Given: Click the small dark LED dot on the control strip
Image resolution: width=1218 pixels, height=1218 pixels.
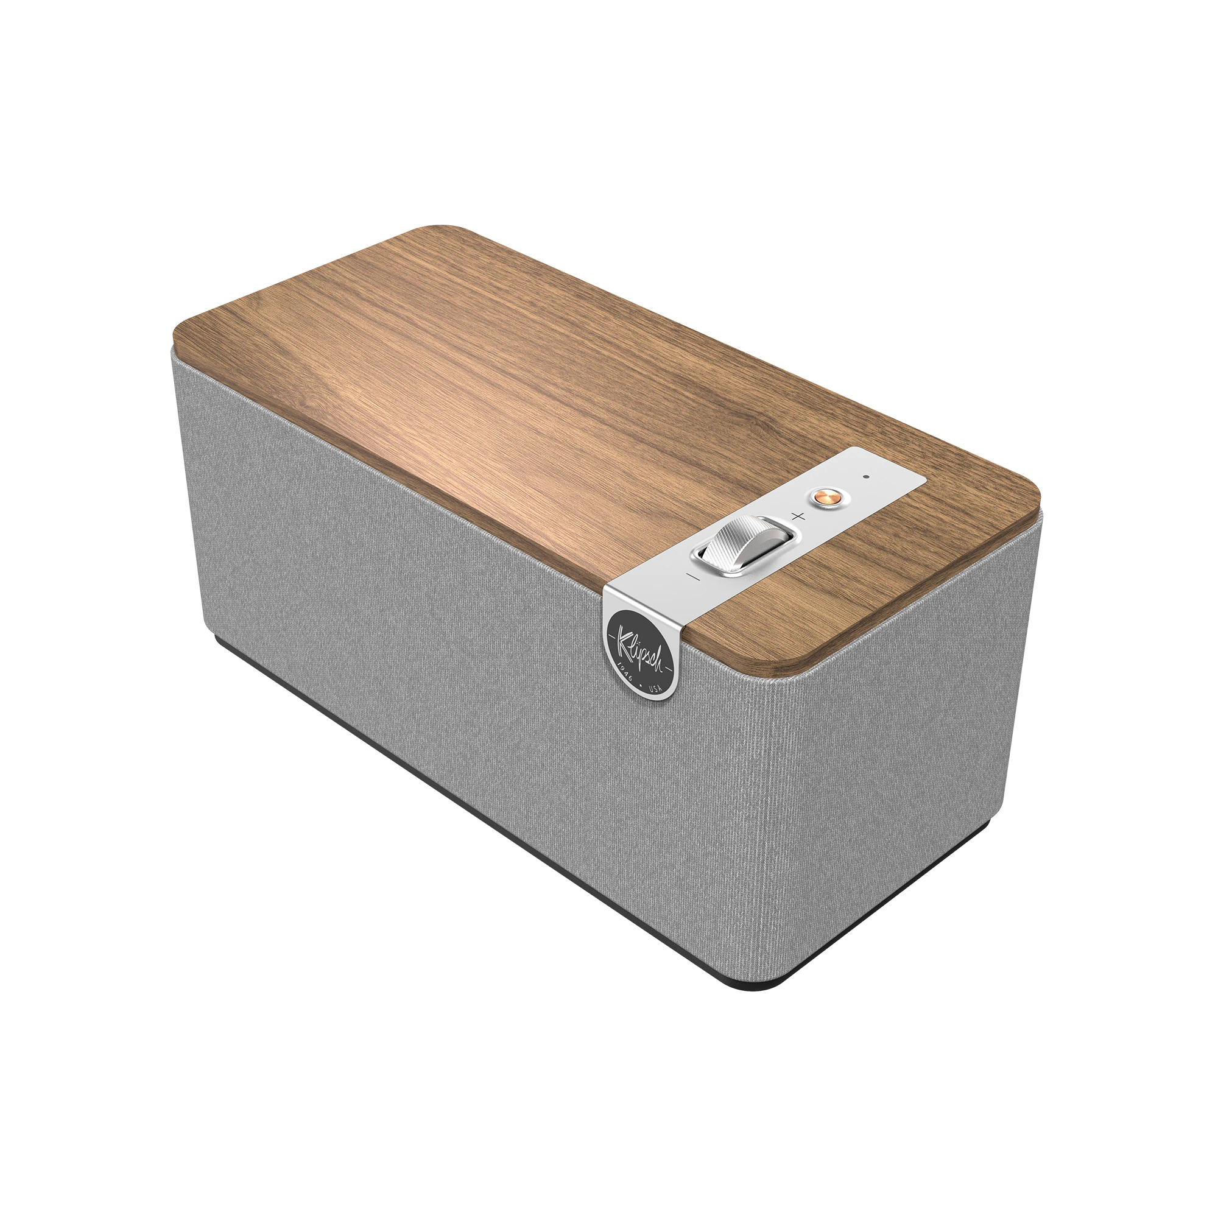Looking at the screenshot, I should pos(865,478).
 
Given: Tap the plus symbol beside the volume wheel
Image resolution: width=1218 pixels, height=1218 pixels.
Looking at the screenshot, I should pos(799,516).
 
